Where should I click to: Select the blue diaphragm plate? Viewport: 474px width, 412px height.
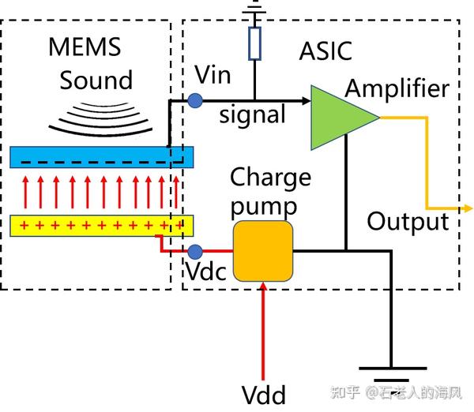tap(103, 156)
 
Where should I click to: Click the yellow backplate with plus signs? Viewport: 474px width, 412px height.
tap(103, 226)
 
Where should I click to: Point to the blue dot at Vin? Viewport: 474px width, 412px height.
tap(194, 100)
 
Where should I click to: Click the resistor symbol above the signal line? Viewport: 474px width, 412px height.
tap(254, 44)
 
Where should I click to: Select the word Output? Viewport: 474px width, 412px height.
tap(408, 221)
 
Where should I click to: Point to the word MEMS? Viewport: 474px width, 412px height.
tap(85, 47)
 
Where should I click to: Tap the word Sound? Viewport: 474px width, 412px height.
tap(96, 80)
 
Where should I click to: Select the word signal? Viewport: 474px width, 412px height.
tap(252, 115)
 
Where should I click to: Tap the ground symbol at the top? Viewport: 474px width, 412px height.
tap(254, 9)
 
